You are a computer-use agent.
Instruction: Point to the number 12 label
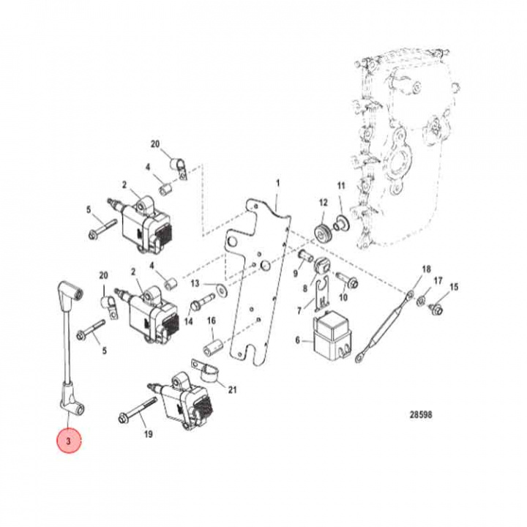point(323,202)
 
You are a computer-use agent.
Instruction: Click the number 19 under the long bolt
point(149,435)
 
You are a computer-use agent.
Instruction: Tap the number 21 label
point(232,389)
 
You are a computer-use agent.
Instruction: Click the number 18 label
point(425,270)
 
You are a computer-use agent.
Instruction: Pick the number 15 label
point(455,286)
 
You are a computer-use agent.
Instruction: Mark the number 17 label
point(438,281)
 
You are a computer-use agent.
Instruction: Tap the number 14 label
point(189,321)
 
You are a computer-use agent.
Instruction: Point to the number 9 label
point(296,274)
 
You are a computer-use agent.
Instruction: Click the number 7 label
point(299,311)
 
